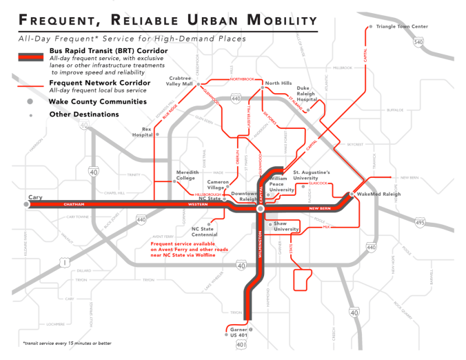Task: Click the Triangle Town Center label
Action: (x=402, y=26)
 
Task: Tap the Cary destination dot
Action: (x=26, y=204)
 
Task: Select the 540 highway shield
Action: (x=418, y=43)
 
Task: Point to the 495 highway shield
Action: (x=419, y=222)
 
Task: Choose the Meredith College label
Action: (x=188, y=175)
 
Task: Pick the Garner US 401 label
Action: (x=236, y=334)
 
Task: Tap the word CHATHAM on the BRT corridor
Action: (x=73, y=205)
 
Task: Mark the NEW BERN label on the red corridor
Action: (x=321, y=208)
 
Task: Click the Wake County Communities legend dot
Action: (x=30, y=101)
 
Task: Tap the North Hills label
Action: (x=279, y=83)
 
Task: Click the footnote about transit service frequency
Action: (x=57, y=343)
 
